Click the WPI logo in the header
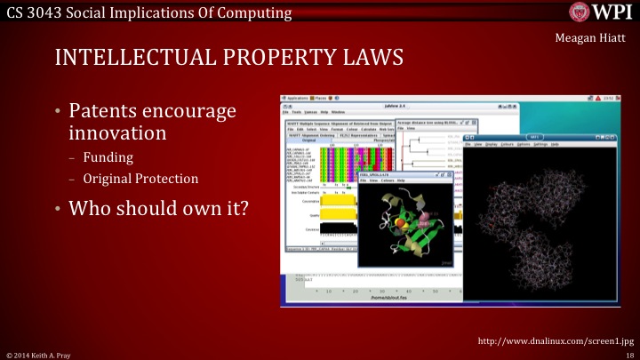click(x=601, y=12)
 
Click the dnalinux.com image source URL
click(x=555, y=340)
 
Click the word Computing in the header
click(x=258, y=12)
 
